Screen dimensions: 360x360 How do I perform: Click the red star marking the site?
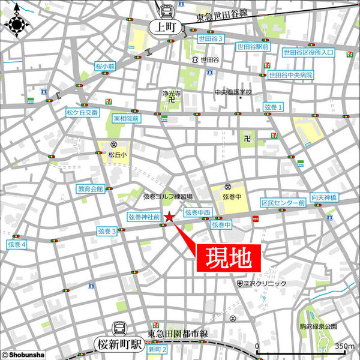[x=170, y=217]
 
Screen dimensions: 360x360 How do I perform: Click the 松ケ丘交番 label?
[x=82, y=112]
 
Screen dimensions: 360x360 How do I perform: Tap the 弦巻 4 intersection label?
[x=17, y=245]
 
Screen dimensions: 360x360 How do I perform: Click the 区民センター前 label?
[x=283, y=204]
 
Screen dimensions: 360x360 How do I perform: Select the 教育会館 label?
[x=90, y=189]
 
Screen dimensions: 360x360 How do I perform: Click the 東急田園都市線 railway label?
[x=178, y=334]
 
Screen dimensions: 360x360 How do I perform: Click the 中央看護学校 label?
[x=233, y=93]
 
